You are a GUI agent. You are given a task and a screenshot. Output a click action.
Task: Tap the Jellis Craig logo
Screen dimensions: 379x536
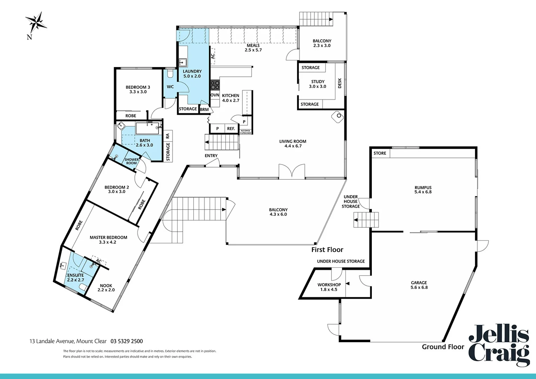tap(499, 346)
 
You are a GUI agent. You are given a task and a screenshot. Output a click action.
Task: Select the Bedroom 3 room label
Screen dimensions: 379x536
tap(138, 87)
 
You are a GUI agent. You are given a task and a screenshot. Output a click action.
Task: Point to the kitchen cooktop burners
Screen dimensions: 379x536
tap(215, 85)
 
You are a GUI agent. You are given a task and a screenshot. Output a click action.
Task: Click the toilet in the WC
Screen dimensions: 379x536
tap(170, 74)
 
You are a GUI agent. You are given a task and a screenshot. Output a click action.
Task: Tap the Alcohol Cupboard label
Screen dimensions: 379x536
tap(246, 132)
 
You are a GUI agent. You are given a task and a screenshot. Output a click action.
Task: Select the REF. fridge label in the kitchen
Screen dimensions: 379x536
tap(231, 129)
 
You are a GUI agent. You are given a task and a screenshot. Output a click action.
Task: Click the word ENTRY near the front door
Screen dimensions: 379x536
tap(211, 156)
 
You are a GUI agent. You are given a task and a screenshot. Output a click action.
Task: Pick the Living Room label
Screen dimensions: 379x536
tap(293, 141)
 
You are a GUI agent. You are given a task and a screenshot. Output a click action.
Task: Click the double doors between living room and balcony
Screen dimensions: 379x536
tap(292, 172)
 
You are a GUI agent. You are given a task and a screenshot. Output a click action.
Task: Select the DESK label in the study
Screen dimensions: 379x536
tap(340, 83)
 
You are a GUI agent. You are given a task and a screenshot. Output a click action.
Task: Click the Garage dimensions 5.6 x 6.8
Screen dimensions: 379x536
tap(419, 287)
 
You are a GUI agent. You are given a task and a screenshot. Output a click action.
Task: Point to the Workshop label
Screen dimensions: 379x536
tap(329, 285)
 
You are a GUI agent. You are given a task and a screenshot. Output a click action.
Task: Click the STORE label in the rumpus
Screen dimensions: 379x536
tap(380, 153)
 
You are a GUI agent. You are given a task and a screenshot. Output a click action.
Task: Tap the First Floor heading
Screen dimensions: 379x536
tap(327, 250)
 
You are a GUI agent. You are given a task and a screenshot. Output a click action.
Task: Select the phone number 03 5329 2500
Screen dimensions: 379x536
tap(127, 341)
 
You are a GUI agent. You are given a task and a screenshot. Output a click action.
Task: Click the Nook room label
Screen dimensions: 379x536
tap(106, 286)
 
